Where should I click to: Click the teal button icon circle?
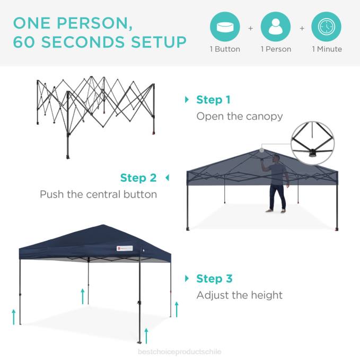[225, 27]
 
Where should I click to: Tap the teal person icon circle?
[276, 27]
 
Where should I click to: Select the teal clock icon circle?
[326, 27]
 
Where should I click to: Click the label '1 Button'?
[225, 49]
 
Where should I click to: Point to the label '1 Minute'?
[327, 49]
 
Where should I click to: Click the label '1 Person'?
[276, 49]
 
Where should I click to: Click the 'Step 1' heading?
[213, 100]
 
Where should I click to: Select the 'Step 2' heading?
[138, 178]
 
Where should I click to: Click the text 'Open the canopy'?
[240, 116]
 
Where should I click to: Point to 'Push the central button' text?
[98, 194]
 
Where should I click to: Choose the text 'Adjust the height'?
[239, 295]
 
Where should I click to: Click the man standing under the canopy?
[277, 183]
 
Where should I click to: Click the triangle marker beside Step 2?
[167, 178]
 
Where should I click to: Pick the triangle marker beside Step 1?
[187, 100]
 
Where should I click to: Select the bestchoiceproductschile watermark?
[180, 352]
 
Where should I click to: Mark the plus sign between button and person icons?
[250, 28]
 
